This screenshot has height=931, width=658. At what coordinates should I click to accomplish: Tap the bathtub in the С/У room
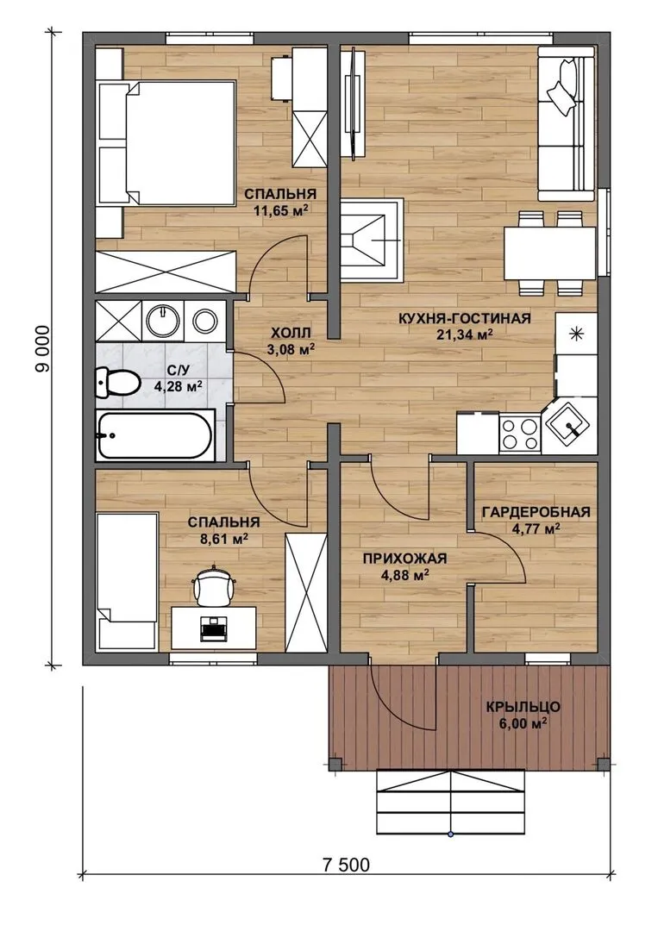154,435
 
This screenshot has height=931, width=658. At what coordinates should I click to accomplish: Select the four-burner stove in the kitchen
520,434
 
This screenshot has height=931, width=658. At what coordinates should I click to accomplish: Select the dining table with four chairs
550,253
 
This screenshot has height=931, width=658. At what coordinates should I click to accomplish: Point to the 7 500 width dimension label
346,865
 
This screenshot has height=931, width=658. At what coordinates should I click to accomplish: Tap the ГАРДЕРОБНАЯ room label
536,512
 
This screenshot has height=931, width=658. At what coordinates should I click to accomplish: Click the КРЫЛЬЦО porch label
523,707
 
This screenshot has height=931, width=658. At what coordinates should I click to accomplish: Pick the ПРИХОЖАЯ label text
404,558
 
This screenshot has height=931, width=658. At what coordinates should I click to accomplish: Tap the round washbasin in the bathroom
163,321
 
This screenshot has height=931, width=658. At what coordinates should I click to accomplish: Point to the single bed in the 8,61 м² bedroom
127,581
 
